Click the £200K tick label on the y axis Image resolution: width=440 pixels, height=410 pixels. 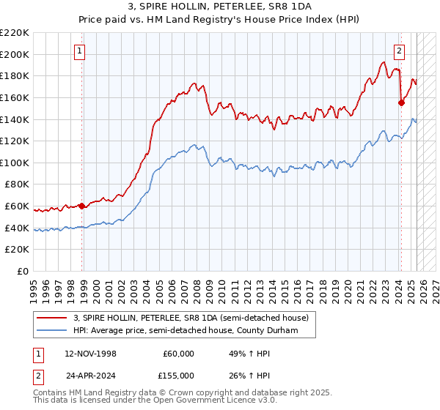pyautogui.click(x=15, y=54)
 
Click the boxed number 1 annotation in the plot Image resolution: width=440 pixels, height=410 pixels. pyautogui.click(x=78, y=51)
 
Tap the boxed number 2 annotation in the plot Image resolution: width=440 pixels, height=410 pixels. pyautogui.click(x=399, y=51)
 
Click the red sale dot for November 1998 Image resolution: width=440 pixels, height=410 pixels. pyautogui.click(x=81, y=206)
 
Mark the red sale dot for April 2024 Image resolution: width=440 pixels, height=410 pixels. pyautogui.click(x=401, y=102)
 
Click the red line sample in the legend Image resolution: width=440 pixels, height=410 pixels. pyautogui.click(x=51, y=317)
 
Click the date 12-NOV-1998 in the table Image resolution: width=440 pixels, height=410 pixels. pyautogui.click(x=91, y=354)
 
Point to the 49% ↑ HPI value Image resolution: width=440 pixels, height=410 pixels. pyautogui.click(x=249, y=354)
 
